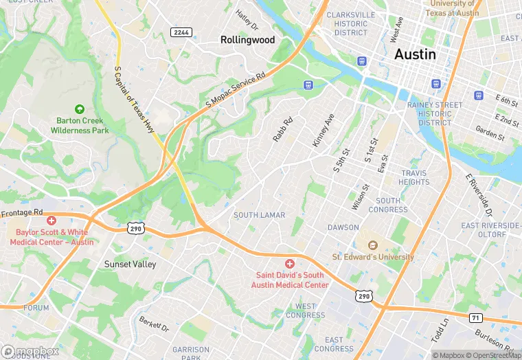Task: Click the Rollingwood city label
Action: point(247,40)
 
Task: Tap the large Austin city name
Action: point(415,54)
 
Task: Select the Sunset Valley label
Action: point(130,264)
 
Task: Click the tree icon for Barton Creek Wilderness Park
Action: point(80,109)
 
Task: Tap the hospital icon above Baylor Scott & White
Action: point(52,221)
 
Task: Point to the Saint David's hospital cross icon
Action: point(289,264)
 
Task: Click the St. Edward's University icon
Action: point(373,245)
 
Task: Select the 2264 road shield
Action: point(181,32)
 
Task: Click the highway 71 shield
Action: point(475,317)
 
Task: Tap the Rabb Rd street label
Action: point(282,129)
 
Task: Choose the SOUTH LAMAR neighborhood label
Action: point(259,215)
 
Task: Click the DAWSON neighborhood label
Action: point(343,227)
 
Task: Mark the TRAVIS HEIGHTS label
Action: point(414,178)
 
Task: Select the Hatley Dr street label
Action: point(246,20)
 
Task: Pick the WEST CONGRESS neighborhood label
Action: point(306,311)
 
